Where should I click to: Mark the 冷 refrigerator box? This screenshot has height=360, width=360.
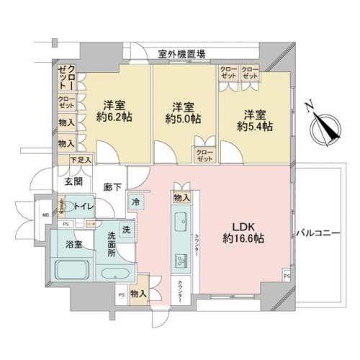point(135,203)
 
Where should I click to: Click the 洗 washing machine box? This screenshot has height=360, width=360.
point(126,230)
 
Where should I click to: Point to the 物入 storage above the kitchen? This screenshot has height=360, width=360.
point(181,197)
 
